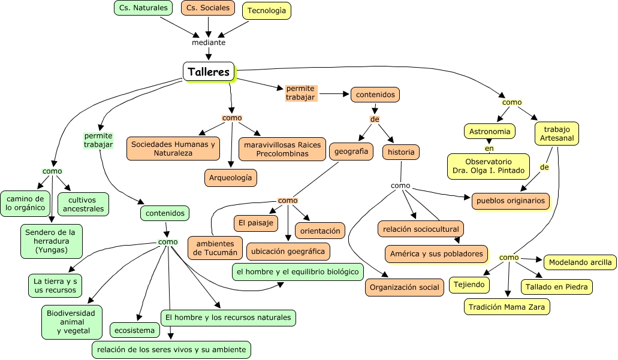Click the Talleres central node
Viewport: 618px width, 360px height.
pyautogui.click(x=209, y=72)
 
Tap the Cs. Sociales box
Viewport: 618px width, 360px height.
pyautogui.click(x=208, y=8)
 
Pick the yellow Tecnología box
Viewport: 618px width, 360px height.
pyautogui.click(x=267, y=11)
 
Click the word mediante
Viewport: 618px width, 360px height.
pyautogui.click(x=209, y=43)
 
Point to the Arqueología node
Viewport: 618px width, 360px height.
pyautogui.click(x=231, y=177)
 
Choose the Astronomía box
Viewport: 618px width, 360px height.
pyautogui.click(x=490, y=131)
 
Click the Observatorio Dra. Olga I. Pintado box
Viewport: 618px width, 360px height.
pyautogui.click(x=489, y=166)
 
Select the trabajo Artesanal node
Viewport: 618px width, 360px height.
pyautogui.click(x=557, y=134)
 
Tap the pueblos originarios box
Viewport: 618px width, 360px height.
pyautogui.click(x=511, y=201)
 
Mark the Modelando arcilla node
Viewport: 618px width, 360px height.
pyautogui.click(x=580, y=262)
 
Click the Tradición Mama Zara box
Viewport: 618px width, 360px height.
pyautogui.click(x=507, y=307)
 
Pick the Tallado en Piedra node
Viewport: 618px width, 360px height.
pyautogui.click(x=557, y=286)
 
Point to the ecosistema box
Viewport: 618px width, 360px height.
pyautogui.click(x=135, y=330)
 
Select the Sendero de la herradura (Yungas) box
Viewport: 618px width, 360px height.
pyautogui.click(x=52, y=241)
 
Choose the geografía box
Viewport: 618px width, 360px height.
pyautogui.click(x=351, y=152)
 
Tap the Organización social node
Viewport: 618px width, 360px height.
pyautogui.click(x=404, y=288)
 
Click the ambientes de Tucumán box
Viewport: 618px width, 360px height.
pyautogui.click(x=215, y=247)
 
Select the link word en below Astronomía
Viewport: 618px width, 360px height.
pyautogui.click(x=489, y=148)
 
